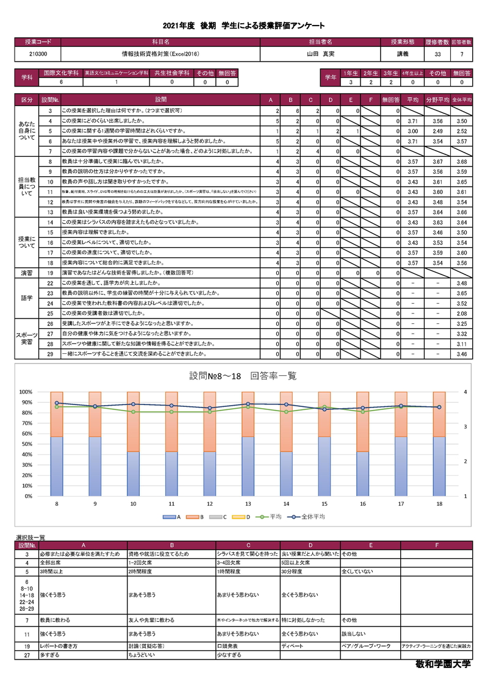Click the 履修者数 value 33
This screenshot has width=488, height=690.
click(437, 54)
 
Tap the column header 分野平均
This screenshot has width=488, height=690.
click(437, 99)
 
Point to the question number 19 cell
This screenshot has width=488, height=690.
click(50, 273)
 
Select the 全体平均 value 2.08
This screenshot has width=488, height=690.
click(461, 313)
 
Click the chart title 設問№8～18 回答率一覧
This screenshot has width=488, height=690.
click(243, 376)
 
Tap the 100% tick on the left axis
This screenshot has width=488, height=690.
click(26, 392)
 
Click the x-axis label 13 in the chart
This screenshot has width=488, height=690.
click(248, 504)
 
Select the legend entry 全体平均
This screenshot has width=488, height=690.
click(309, 517)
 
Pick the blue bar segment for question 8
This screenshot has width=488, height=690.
click(57, 466)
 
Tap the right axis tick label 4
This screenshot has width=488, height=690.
click(465, 392)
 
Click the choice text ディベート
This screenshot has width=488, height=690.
click(293, 645)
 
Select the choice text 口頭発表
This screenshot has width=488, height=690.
click(227, 645)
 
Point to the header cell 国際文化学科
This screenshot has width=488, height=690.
click(59, 72)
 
